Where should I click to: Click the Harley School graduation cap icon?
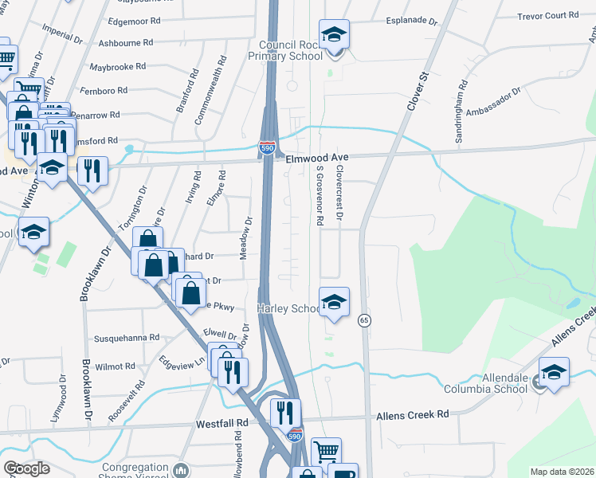335,302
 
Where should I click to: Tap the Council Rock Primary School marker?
335,35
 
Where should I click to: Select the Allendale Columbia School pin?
555,372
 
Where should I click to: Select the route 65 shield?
365,319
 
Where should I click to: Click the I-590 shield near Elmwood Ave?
267,147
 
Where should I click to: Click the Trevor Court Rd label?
547,15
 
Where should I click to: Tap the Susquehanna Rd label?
127,338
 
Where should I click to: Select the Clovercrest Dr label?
339,193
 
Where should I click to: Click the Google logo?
25,468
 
